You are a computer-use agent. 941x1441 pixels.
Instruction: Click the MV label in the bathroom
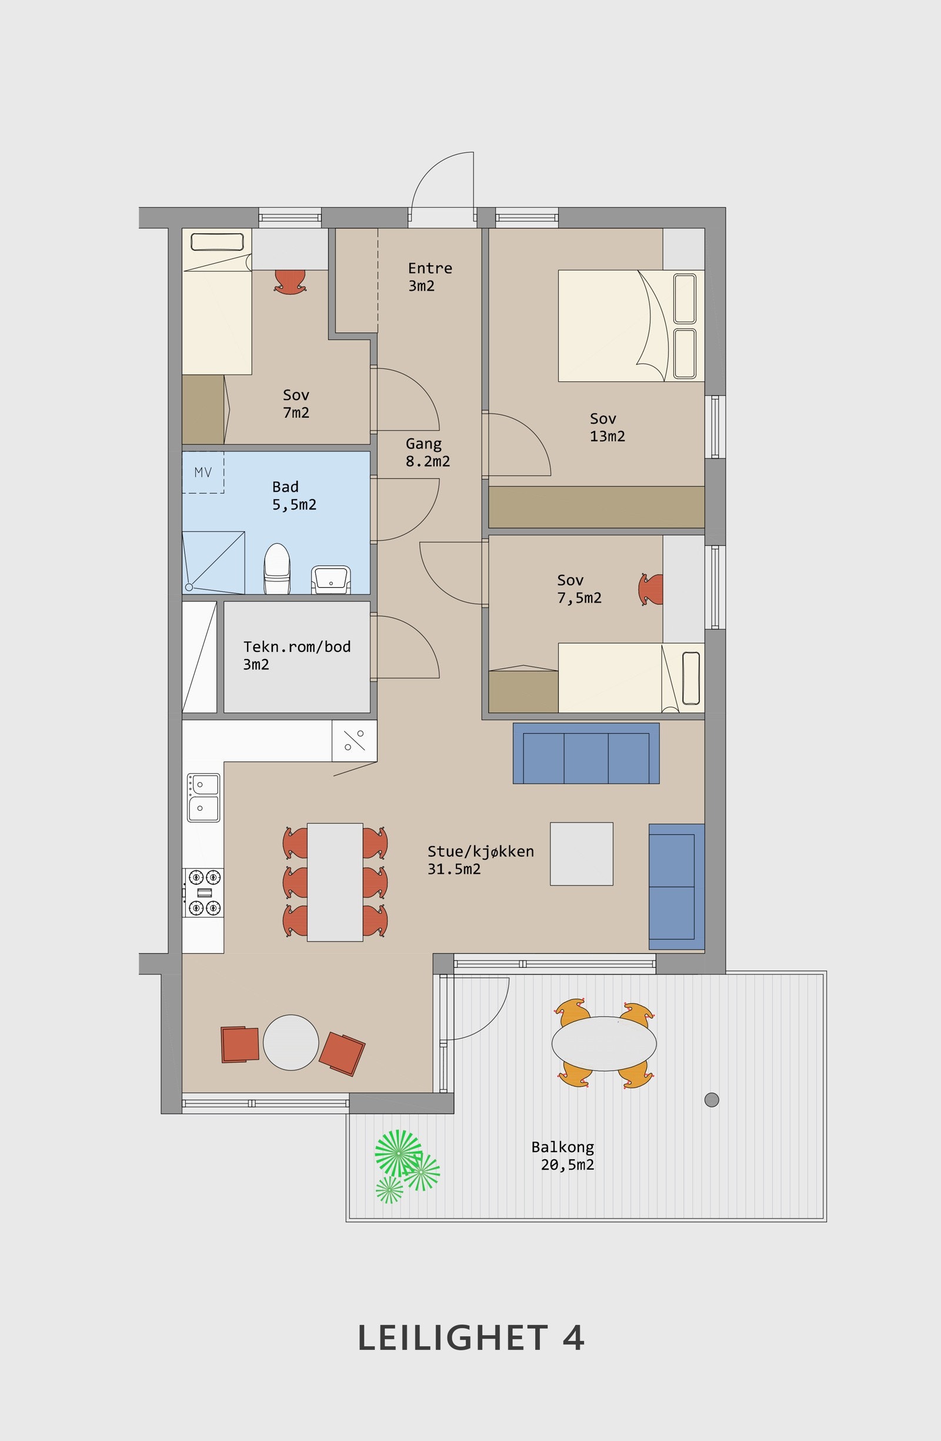click(x=203, y=472)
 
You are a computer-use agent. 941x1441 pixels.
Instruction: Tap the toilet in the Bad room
click(x=277, y=568)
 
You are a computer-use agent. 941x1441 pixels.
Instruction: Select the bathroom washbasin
click(x=331, y=580)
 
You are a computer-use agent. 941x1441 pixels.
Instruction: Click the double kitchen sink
click(x=203, y=797)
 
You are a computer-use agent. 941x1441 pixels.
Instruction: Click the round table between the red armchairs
click(x=291, y=1043)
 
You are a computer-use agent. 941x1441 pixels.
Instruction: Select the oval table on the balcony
click(x=604, y=1043)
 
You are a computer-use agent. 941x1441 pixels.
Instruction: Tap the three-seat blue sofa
click(x=586, y=753)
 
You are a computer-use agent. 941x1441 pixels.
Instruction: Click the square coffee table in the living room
click(x=582, y=854)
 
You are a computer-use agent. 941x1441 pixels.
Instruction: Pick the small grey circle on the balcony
click(x=712, y=1100)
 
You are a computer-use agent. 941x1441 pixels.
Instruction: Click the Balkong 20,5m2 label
click(x=563, y=1156)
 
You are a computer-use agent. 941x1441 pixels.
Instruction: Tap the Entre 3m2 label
click(x=430, y=277)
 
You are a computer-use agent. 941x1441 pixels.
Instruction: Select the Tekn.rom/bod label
click(x=297, y=647)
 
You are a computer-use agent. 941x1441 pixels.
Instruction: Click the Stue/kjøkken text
click(x=480, y=851)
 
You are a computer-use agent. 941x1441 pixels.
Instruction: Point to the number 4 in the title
click(x=573, y=1338)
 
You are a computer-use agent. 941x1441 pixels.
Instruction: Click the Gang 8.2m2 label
click(x=427, y=452)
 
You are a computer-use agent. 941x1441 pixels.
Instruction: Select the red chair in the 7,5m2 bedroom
click(x=651, y=589)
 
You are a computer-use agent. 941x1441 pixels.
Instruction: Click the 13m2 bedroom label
click(x=607, y=427)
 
